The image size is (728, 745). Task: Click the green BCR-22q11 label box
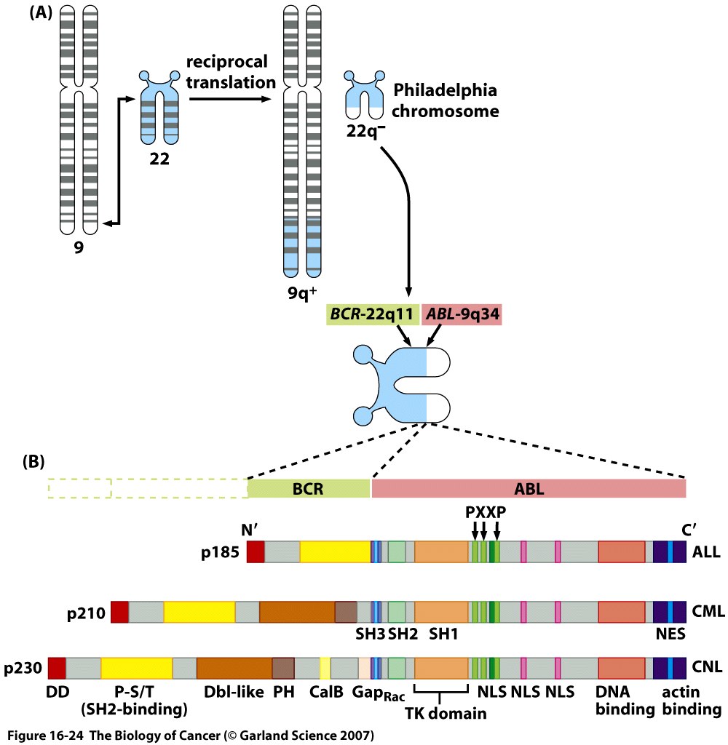pyautogui.click(x=371, y=315)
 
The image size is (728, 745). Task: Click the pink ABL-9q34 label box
pyautogui.click(x=462, y=315)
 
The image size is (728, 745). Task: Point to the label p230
pyautogui.click(x=24, y=668)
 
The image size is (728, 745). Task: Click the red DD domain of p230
pyautogui.click(x=57, y=668)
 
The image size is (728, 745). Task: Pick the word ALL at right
pyautogui.click(x=706, y=552)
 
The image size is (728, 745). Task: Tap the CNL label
pyautogui.click(x=708, y=668)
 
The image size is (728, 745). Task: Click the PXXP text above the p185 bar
pyautogui.click(x=485, y=511)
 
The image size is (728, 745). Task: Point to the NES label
pyautogui.click(x=669, y=633)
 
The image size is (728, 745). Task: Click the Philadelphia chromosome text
pyautogui.click(x=446, y=101)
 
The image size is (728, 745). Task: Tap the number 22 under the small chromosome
pyautogui.click(x=159, y=157)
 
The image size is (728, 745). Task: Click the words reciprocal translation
pyautogui.click(x=229, y=72)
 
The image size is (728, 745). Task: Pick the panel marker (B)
pyautogui.click(x=35, y=461)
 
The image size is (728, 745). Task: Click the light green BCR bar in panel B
pyautogui.click(x=309, y=488)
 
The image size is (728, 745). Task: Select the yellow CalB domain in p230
pyautogui.click(x=325, y=668)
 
